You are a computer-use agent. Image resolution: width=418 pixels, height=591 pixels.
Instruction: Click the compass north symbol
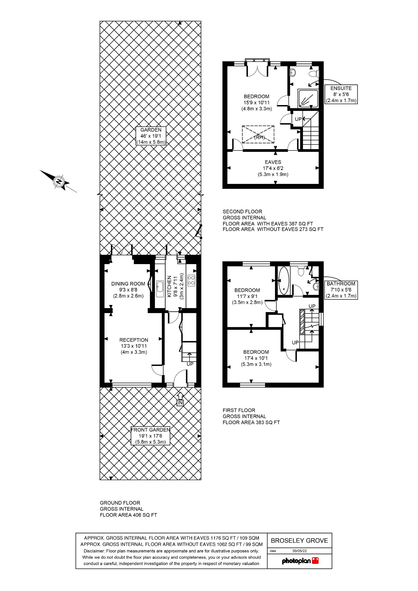point(59,182)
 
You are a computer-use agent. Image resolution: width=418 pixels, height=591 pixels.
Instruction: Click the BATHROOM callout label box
point(341,290)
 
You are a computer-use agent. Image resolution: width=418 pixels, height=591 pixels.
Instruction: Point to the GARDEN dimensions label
point(151,136)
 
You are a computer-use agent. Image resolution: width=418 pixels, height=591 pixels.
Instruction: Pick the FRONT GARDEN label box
point(150,436)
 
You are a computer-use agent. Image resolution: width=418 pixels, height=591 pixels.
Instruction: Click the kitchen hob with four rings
point(191,280)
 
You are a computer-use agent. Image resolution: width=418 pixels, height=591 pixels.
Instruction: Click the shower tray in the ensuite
point(308,99)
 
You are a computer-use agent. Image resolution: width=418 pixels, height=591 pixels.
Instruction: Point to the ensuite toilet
point(314,73)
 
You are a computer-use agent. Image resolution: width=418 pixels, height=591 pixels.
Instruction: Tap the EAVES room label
point(273,168)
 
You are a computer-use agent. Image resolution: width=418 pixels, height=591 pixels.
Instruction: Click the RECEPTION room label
point(134,346)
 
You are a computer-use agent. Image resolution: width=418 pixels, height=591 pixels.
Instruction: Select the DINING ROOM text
point(128,284)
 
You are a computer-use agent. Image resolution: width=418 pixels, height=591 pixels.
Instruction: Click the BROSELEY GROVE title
point(299,541)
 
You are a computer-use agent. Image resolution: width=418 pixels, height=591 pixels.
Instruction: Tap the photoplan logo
point(300,561)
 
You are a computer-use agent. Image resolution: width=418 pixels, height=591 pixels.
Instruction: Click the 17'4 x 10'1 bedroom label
point(256,358)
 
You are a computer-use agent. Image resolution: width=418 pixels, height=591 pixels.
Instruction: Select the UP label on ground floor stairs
point(190,364)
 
